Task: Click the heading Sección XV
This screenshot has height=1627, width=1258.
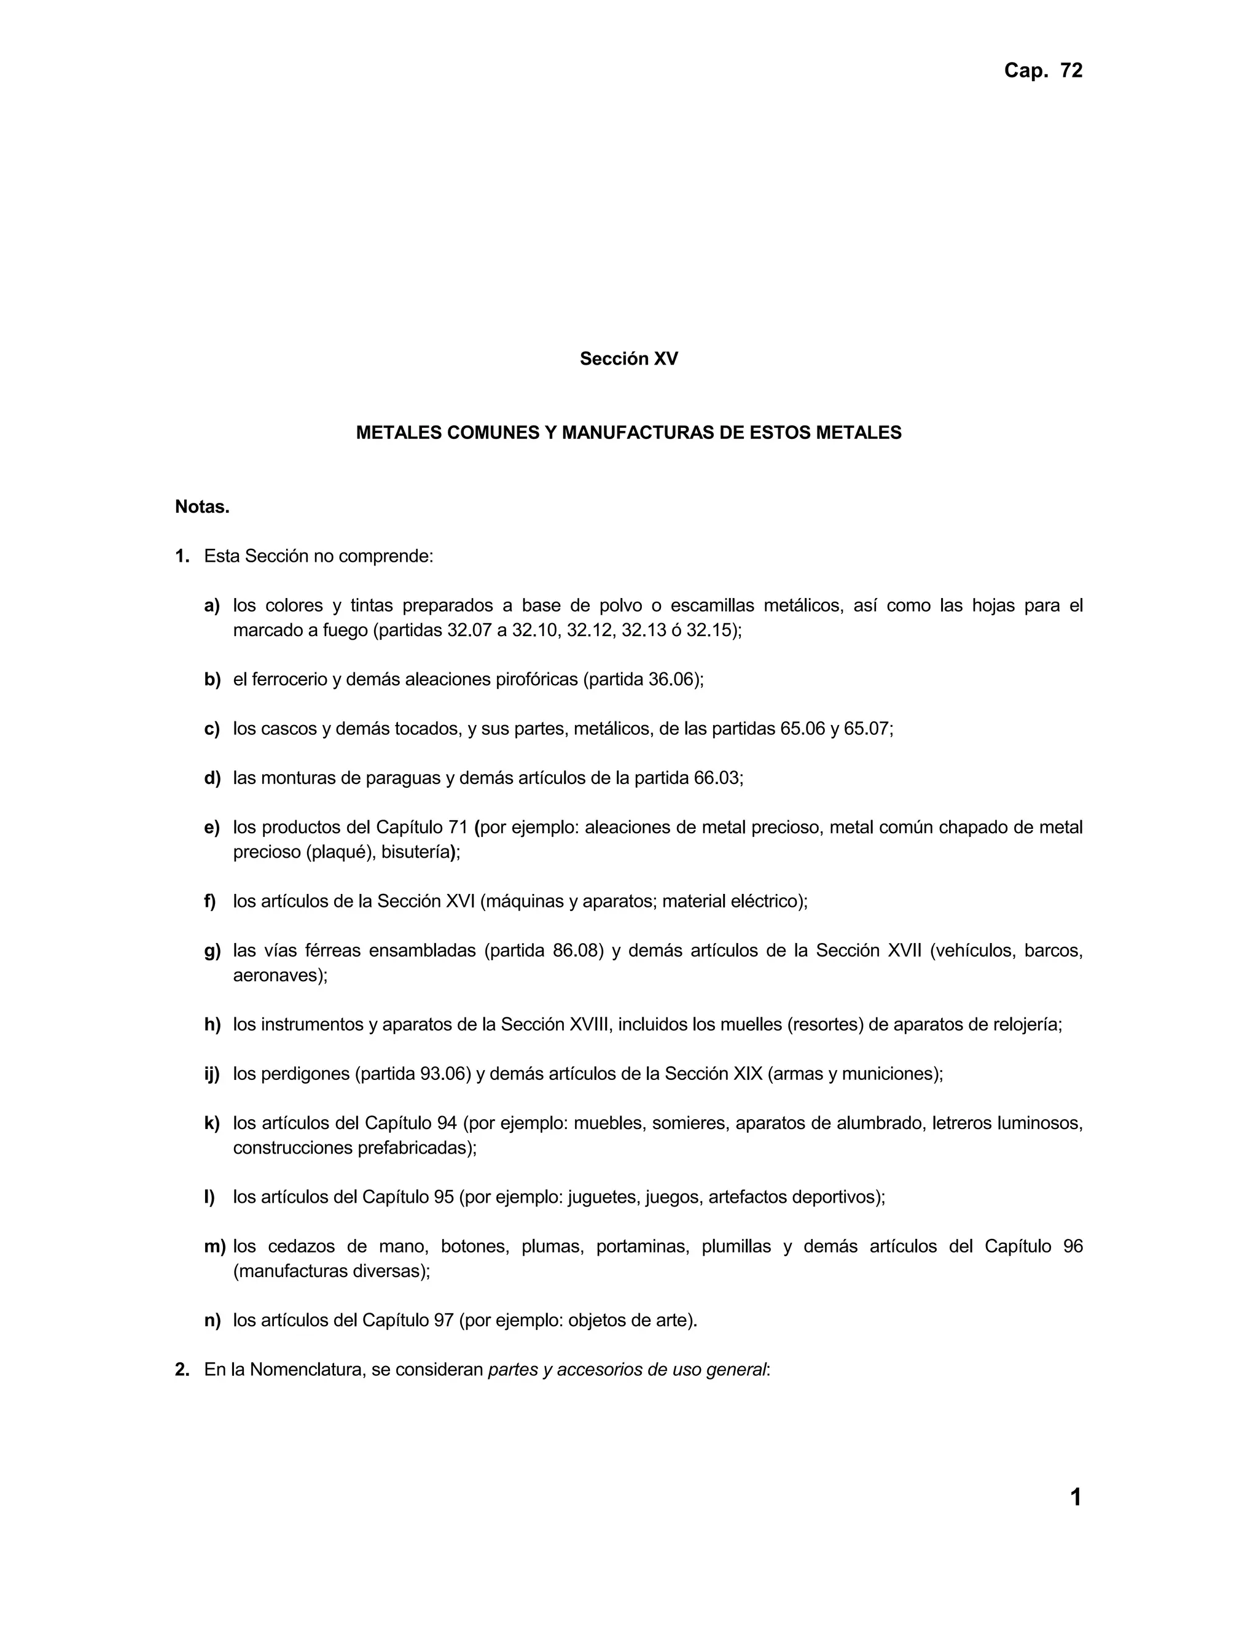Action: [x=628, y=359]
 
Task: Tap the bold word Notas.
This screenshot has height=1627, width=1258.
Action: [x=202, y=507]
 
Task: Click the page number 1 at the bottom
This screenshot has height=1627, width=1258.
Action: [x=1076, y=1497]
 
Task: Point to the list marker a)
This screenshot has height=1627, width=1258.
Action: [x=212, y=605]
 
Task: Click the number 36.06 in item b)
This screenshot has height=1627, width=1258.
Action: [x=672, y=680]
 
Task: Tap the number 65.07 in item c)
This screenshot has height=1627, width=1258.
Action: [x=867, y=729]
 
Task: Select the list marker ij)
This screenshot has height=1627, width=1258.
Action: [x=212, y=1074]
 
